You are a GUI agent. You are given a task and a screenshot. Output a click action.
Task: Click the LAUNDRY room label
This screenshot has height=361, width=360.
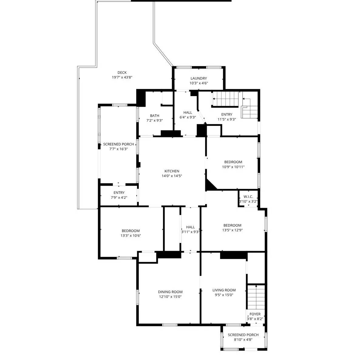point(199,78)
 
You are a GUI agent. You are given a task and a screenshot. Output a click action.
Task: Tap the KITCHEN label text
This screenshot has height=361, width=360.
point(172,171)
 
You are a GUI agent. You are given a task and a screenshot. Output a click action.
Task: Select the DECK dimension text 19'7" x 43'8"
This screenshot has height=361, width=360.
point(122,77)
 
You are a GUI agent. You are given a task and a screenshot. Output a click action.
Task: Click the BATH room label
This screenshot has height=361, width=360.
point(155,115)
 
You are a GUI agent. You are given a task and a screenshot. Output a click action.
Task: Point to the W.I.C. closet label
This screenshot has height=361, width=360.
point(248,197)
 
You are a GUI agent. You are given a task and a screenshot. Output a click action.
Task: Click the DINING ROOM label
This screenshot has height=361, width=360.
point(170,292)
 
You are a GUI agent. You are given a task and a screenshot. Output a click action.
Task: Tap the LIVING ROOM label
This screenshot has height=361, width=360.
point(224,290)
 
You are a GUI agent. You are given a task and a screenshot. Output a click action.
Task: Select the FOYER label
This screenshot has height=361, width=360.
point(255,314)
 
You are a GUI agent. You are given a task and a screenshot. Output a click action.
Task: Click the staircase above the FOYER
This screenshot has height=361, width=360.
point(256,297)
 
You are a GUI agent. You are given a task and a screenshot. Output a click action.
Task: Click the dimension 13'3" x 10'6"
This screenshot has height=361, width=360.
point(131,236)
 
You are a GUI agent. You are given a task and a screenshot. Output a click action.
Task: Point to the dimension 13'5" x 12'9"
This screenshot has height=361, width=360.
point(232,230)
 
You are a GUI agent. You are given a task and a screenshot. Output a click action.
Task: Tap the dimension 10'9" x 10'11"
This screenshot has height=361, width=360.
point(233,167)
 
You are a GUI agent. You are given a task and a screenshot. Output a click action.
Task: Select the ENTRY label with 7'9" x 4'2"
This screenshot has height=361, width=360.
point(119,192)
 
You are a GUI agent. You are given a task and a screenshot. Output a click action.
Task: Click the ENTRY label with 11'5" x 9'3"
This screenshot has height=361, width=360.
point(227,115)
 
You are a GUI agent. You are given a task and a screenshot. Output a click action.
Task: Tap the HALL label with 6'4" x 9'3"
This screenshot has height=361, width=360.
point(188,112)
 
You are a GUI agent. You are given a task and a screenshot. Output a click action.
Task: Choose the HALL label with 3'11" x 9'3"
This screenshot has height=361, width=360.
point(190,227)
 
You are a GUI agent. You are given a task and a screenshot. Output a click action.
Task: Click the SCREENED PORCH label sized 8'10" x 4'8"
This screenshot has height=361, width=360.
point(243,335)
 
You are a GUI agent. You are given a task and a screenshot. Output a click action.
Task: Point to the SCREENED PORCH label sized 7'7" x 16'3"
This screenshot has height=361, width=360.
point(118,144)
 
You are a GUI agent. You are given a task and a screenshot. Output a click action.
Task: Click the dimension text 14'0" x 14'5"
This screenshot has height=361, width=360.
point(172,176)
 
